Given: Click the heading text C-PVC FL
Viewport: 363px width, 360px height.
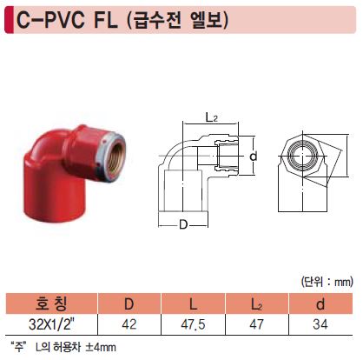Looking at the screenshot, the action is (x=67, y=20).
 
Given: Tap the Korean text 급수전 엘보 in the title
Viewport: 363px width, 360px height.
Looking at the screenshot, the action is (x=178, y=20).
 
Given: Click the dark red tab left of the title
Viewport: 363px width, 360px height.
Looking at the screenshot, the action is (x=10, y=20).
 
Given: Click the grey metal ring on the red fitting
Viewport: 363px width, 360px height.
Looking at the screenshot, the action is (x=111, y=157).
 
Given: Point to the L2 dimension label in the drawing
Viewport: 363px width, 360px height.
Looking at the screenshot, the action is (x=211, y=117).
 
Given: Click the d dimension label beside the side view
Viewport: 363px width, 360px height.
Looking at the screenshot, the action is (x=254, y=156).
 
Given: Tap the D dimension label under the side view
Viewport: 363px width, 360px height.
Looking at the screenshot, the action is (x=183, y=224).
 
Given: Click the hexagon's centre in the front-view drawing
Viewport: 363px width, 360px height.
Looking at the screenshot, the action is (x=303, y=156).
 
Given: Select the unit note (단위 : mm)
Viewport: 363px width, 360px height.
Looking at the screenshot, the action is (x=327, y=281).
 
